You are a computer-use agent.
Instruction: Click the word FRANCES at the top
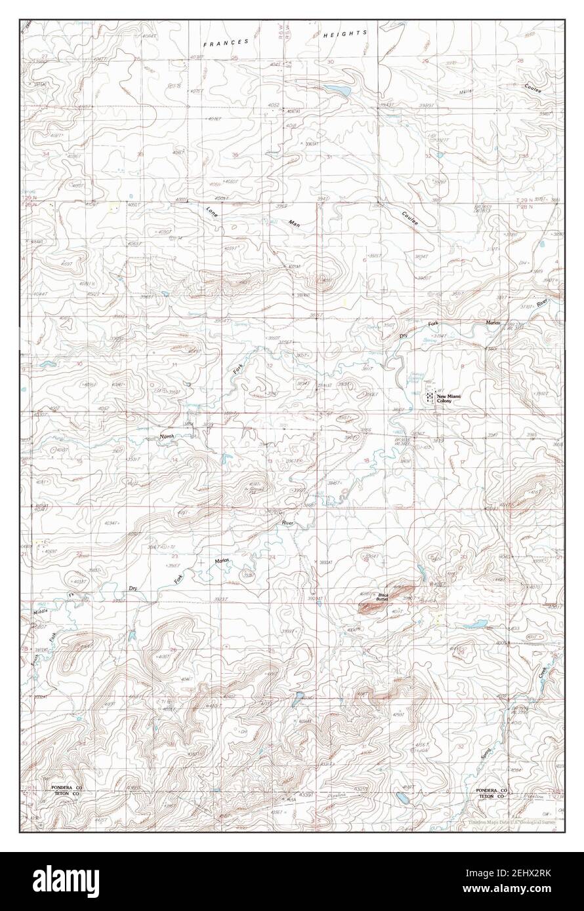(226, 42)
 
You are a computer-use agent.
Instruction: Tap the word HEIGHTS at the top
(345, 33)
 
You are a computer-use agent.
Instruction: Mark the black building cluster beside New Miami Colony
(428, 397)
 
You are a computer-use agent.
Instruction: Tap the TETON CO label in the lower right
(491, 798)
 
